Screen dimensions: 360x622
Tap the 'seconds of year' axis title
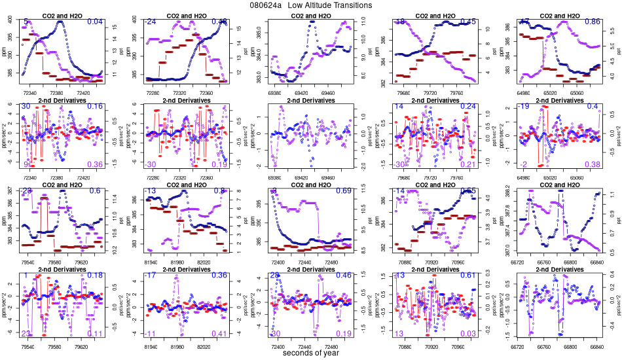pos(311,353)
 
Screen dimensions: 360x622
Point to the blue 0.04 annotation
pos(96,22)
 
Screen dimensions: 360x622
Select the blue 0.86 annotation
pos(592,22)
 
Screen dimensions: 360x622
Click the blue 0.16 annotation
pos(96,107)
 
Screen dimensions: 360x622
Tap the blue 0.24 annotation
pos(468,107)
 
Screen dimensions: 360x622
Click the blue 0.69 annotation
pos(344,191)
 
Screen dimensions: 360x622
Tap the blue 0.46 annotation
pos(344,276)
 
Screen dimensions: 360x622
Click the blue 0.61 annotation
pos(468,276)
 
